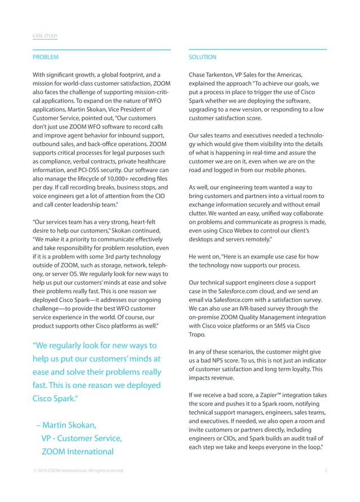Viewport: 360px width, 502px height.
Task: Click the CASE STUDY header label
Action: (45, 37)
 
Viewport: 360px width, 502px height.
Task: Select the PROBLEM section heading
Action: (45, 57)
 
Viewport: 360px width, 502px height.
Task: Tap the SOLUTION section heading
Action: (203, 57)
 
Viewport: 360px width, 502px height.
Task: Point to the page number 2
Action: (326, 470)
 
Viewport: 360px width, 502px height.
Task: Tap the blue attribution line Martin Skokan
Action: (66, 424)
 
